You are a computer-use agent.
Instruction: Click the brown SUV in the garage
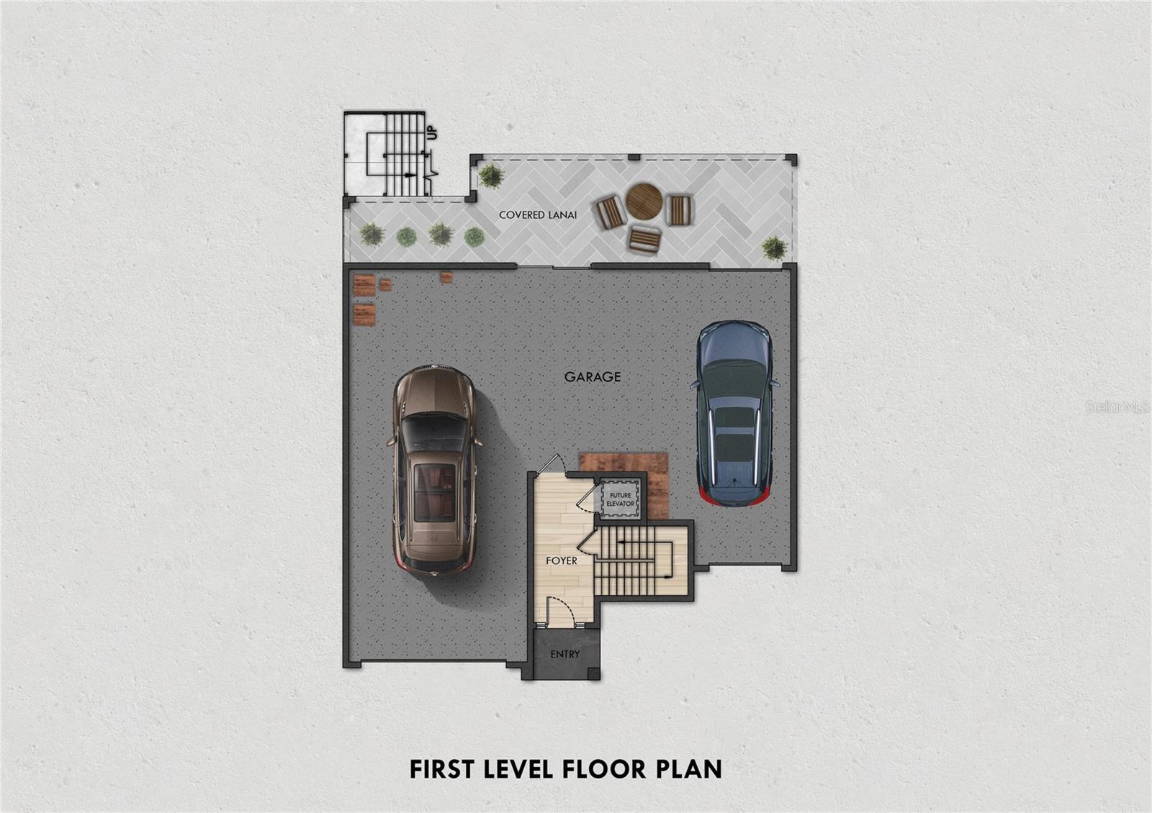tap(435, 470)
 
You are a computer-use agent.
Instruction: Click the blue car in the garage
tap(734, 414)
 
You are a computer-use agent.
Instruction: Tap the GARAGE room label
tap(593, 377)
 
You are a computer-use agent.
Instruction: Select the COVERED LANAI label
tap(538, 215)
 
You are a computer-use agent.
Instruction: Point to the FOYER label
tap(562, 560)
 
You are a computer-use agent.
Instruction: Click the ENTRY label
tap(565, 654)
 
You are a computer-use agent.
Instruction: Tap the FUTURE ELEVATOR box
tap(620, 499)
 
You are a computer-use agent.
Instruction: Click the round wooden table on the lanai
tap(644, 201)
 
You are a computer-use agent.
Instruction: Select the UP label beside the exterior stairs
tap(432, 132)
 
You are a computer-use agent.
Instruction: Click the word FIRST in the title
tap(442, 769)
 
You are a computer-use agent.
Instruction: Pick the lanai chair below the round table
tap(644, 239)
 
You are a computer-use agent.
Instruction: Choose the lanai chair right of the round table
tap(680, 209)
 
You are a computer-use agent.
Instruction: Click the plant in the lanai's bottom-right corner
tap(774, 248)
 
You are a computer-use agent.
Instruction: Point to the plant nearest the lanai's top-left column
tap(491, 176)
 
